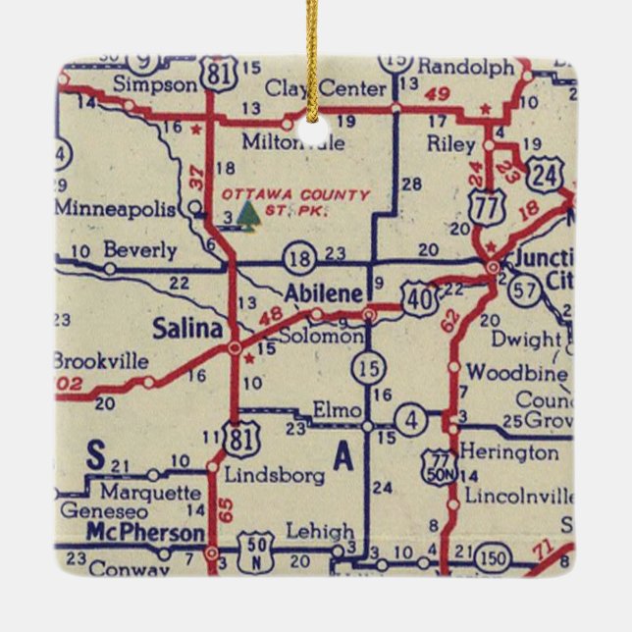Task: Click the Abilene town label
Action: pos(320,293)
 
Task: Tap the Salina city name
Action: pos(187,329)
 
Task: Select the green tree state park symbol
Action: pos(249,212)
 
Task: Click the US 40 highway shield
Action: pos(420,297)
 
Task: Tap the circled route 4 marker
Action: pos(413,422)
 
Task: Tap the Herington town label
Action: pos(509,453)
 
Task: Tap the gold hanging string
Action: pos(313,49)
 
